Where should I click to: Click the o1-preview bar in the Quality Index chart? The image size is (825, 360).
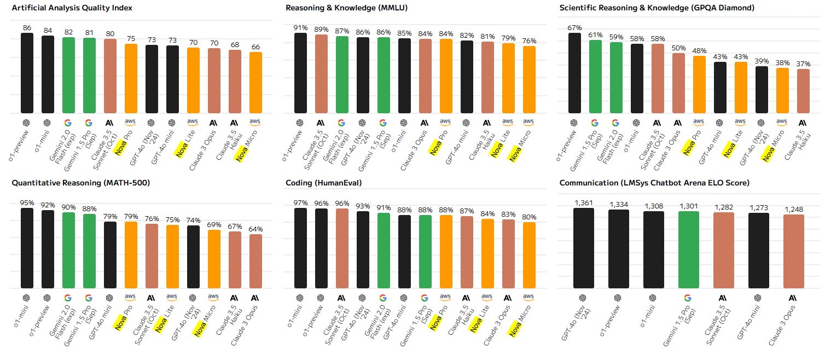(27, 73)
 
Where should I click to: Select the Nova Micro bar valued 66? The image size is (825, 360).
(255, 83)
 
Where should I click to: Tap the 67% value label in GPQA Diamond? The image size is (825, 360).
(574, 28)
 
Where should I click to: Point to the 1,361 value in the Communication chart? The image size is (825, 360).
(583, 203)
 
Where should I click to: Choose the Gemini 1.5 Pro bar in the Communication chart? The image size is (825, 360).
(688, 249)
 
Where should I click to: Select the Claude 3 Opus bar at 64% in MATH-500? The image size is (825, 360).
(255, 261)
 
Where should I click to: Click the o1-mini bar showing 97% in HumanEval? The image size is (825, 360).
(300, 248)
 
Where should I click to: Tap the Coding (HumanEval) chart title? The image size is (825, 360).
(324, 183)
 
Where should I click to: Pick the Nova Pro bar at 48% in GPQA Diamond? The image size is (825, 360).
(699, 85)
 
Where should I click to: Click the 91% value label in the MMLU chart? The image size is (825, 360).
(300, 28)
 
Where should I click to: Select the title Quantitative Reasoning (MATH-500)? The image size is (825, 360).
(80, 183)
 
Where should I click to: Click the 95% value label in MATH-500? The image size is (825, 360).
(27, 203)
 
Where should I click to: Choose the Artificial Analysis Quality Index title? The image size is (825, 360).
(72, 8)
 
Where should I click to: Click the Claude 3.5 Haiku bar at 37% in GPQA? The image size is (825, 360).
(803, 91)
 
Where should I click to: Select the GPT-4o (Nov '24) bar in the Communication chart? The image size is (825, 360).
(583, 248)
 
